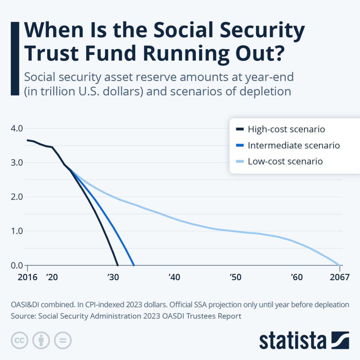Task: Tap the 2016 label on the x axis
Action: coord(27,277)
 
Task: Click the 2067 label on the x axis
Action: coord(340,277)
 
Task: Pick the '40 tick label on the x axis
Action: coord(174,277)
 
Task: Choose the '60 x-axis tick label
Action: coord(297,277)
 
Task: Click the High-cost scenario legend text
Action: coord(286,129)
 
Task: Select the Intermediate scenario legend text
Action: coord(294,145)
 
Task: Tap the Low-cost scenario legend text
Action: coord(285,161)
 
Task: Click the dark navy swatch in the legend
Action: coord(240,129)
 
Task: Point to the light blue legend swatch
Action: coord(240,161)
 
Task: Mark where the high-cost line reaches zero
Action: coord(117,265)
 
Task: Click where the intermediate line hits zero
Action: coord(134,265)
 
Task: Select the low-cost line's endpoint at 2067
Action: coord(339,265)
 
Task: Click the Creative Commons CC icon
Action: coord(20,340)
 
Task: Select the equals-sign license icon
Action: coord(62,340)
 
